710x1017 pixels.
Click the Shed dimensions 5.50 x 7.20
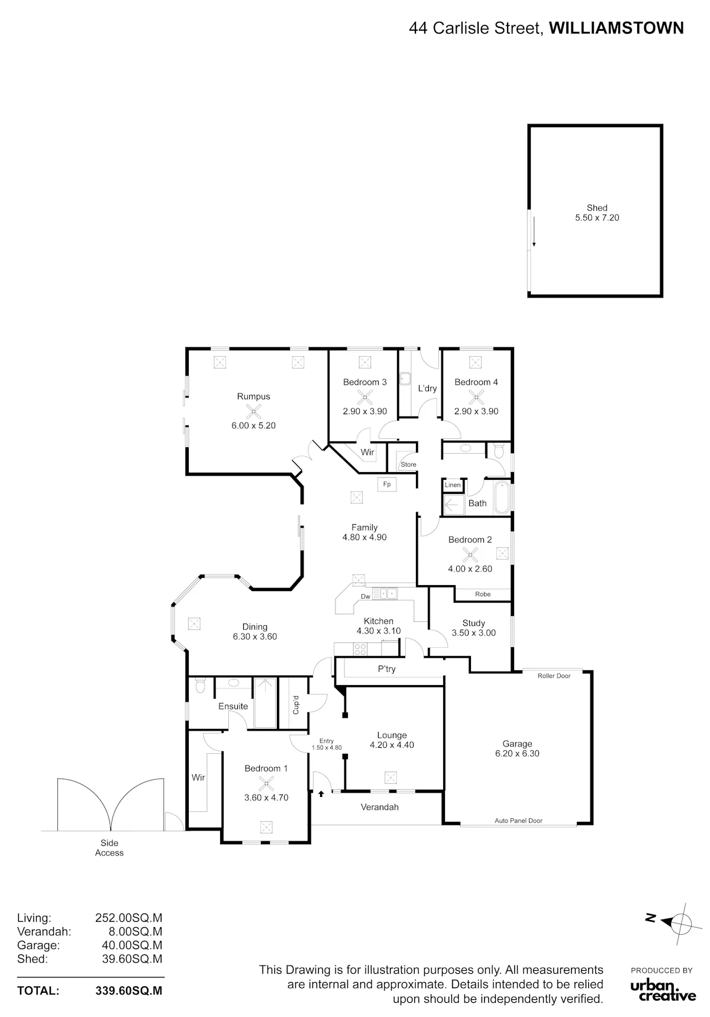597,218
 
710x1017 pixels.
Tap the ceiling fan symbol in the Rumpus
253,412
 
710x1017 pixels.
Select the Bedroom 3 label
365,382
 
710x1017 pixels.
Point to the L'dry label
427,389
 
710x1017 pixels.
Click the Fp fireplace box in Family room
387,485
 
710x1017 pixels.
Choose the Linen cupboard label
453,485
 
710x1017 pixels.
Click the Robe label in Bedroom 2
483,594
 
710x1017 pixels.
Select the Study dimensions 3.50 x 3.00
474,633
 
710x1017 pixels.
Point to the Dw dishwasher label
366,596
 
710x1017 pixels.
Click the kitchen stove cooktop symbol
360,649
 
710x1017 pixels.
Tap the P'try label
387,669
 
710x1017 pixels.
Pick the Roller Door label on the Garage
554,676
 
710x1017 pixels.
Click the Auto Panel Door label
518,821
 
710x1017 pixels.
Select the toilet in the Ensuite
200,686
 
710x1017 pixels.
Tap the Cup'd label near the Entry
296,705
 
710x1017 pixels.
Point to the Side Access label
109,848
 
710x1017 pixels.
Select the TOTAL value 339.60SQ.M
129,991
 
